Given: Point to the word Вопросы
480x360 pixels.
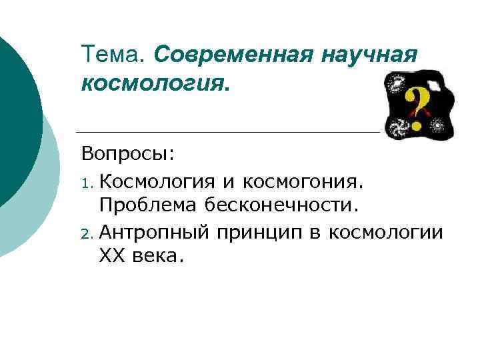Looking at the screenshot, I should pyautogui.click(x=127, y=154).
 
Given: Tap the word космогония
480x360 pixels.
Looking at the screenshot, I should pyautogui.click(x=303, y=180).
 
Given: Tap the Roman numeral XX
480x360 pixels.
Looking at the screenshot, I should pyautogui.click(x=110, y=257).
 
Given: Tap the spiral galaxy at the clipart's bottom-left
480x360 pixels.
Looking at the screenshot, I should pyautogui.click(x=398, y=126).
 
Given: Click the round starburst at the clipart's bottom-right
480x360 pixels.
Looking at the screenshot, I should pyautogui.click(x=439, y=125).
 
